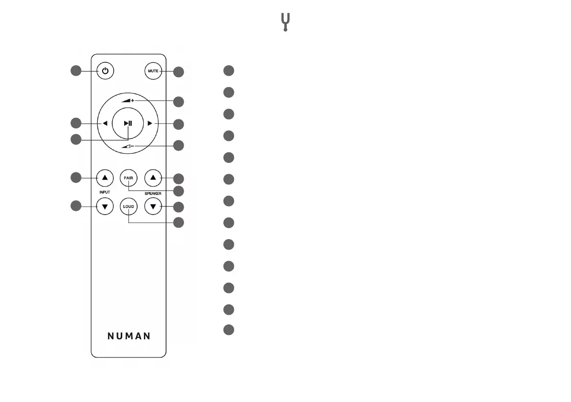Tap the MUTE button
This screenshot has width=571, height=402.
click(152, 71)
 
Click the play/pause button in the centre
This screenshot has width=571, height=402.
click(128, 123)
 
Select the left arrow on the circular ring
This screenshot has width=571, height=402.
click(105, 123)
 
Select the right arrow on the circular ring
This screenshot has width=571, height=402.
click(150, 123)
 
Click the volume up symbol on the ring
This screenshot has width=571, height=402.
click(128, 101)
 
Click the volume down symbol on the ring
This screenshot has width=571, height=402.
click(128, 145)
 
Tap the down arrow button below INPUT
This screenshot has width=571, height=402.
click(105, 207)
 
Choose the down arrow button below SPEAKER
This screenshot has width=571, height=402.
click(153, 207)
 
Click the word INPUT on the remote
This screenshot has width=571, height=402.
click(105, 192)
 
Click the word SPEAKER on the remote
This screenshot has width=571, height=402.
click(153, 194)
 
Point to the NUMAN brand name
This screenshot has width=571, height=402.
click(128, 336)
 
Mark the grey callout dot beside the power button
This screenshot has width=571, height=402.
click(76, 71)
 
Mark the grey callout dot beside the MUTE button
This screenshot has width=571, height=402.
click(178, 72)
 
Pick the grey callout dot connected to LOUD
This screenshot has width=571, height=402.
click(178, 222)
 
